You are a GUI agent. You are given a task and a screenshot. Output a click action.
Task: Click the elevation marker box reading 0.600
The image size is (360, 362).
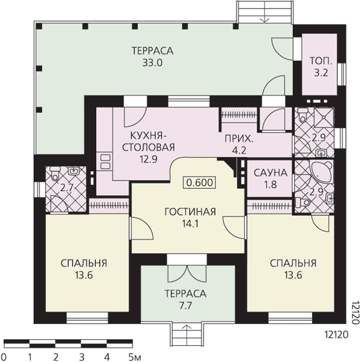coord(199,182)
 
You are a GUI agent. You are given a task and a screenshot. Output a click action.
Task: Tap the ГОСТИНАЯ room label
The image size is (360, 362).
coord(190,212)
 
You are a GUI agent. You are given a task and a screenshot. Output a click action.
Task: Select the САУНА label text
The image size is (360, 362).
coord(270,173)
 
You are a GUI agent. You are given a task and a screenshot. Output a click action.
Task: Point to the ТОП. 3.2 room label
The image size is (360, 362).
coord(321,67)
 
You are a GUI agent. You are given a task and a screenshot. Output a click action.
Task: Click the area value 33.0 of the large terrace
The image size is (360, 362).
coord(153,63)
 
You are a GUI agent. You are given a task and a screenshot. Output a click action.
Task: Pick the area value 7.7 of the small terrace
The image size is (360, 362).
coord(185,306)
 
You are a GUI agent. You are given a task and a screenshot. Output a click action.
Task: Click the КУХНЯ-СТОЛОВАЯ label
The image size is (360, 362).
coord(148,142)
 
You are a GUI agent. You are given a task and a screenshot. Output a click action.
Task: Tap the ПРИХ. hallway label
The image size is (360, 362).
coord(239,139)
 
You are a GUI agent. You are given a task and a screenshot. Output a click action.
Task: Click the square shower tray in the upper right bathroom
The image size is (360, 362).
coord(324,117)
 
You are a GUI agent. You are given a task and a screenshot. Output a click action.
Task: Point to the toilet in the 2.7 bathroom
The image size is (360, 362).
coord(55,173)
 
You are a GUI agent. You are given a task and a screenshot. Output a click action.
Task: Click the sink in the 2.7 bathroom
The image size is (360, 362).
coord(74,171)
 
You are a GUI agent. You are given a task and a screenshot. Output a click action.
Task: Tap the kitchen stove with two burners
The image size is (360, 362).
coord(106,162)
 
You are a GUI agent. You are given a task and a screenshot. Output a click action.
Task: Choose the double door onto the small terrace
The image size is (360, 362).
coord(187,273)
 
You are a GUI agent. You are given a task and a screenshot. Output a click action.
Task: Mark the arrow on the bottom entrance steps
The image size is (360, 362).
coord(187,328)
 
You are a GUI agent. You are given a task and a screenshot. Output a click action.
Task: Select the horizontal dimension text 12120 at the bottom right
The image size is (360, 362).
coord(336,335)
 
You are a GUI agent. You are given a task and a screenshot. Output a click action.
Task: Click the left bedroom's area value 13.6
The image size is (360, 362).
coord(83,275)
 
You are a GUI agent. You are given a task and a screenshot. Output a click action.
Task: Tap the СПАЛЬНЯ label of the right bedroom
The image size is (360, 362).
coord(293,263)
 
